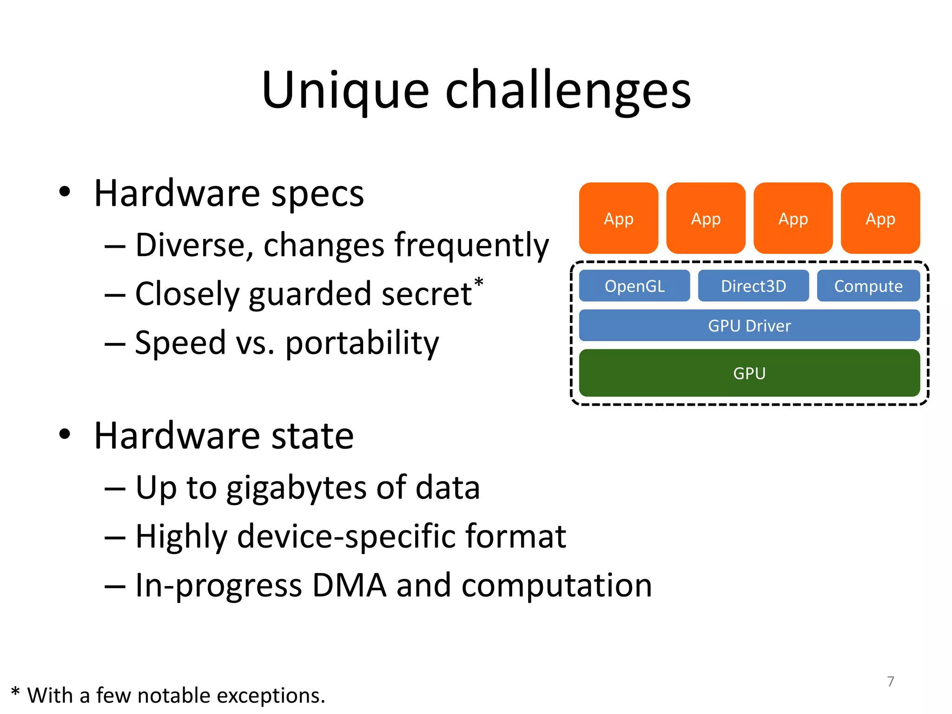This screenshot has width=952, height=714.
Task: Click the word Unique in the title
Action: [x=345, y=91]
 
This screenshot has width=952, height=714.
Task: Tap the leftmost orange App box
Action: [x=618, y=218]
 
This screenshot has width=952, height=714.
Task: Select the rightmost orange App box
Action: [x=880, y=218]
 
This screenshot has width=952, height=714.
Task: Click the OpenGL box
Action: [x=634, y=286]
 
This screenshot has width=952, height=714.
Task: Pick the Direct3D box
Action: [x=753, y=286]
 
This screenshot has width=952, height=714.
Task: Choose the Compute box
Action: [x=868, y=286]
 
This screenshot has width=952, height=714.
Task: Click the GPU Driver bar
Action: [x=749, y=325]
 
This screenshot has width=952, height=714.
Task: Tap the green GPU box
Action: [x=749, y=373]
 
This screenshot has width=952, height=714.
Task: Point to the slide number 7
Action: [x=890, y=681]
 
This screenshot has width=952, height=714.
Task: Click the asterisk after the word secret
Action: [x=478, y=282]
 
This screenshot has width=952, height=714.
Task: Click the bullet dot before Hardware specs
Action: [x=65, y=192]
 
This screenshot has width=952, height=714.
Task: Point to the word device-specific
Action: [x=346, y=536]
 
